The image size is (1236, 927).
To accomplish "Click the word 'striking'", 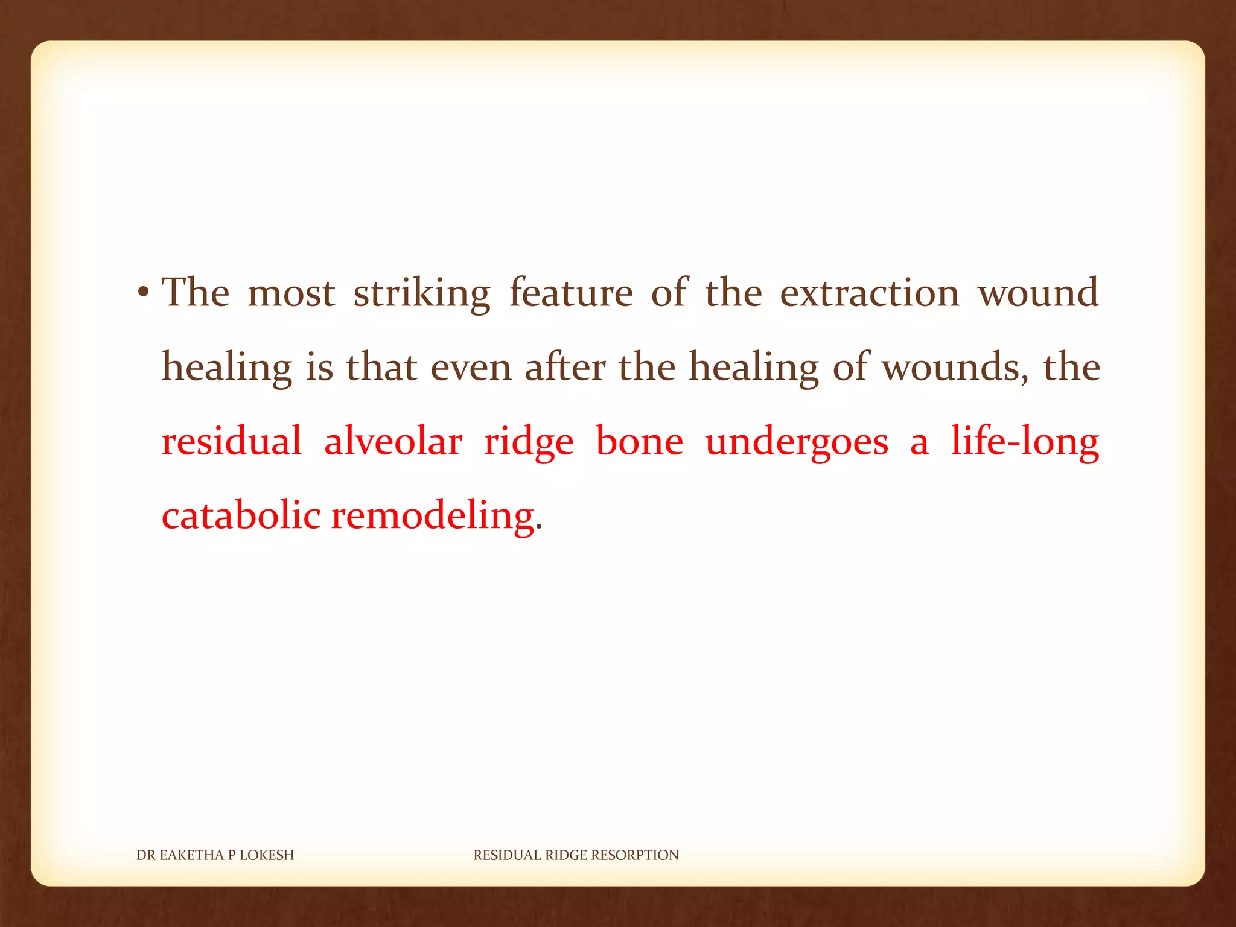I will click(422, 294).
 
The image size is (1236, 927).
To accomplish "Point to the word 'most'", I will click(291, 294).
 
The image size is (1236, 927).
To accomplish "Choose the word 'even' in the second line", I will click(471, 368).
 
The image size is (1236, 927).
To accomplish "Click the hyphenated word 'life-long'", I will click(1025, 442).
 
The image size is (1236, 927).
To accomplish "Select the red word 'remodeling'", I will click(433, 516).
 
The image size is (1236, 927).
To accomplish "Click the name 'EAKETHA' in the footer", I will click(191, 855).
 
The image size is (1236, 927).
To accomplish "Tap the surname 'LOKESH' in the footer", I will click(267, 855).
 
